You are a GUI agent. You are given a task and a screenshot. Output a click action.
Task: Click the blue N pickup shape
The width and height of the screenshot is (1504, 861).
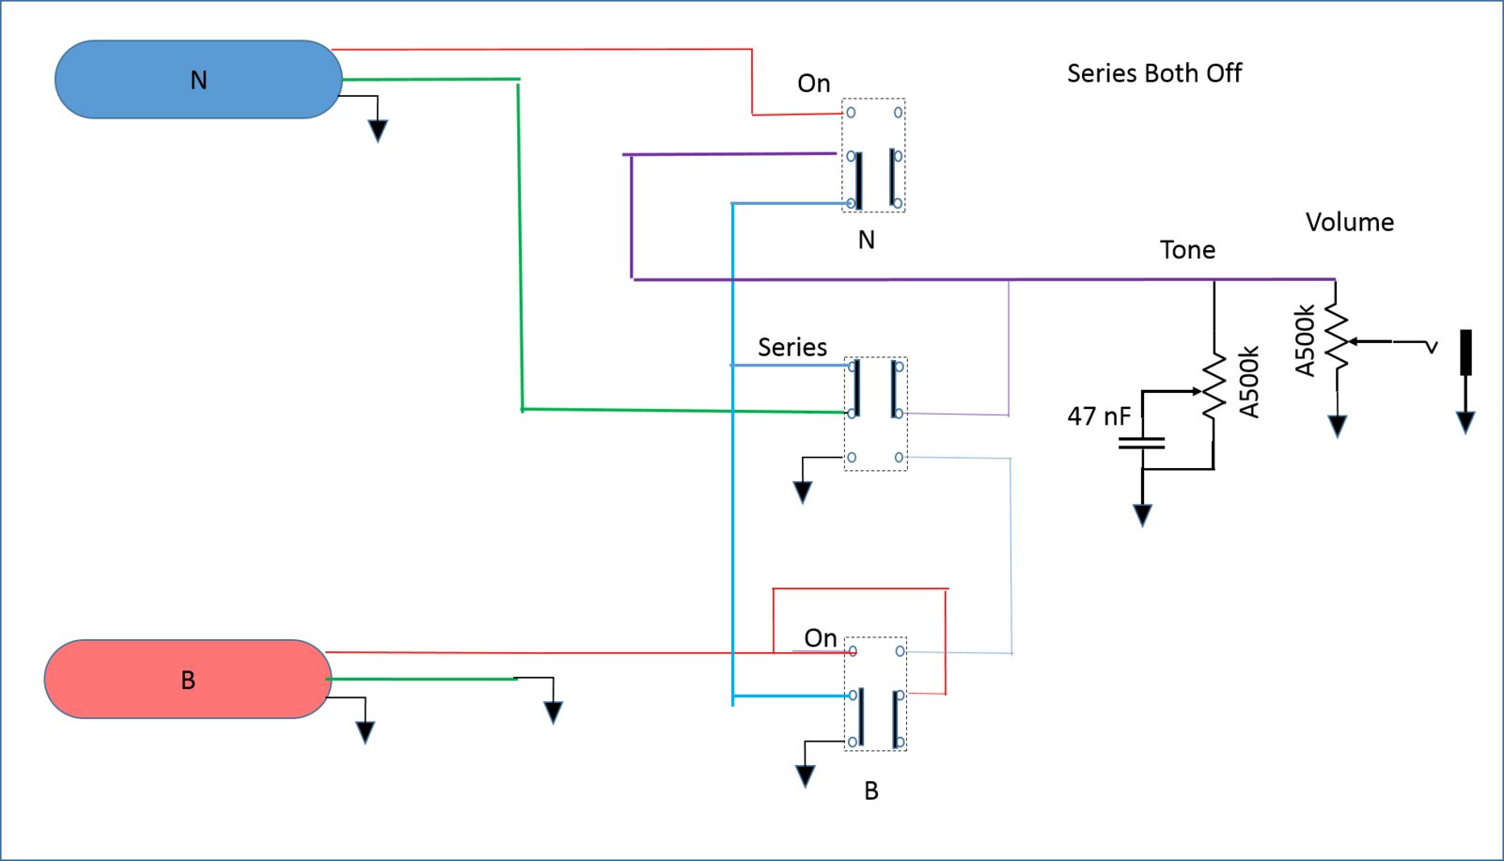coord(198,79)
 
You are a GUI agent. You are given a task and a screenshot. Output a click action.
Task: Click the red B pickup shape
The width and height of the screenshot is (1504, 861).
coord(188,679)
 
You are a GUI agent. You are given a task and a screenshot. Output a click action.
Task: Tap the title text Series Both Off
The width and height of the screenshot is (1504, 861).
coord(1154,72)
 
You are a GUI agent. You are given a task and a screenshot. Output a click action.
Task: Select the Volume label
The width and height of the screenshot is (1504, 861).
coord(1350,223)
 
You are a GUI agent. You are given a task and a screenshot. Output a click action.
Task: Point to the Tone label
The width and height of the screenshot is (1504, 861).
coord(1187,250)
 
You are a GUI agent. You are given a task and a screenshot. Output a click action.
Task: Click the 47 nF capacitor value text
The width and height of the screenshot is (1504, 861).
coord(1099,416)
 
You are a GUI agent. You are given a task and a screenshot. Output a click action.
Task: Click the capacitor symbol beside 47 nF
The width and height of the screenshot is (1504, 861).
coord(1141,444)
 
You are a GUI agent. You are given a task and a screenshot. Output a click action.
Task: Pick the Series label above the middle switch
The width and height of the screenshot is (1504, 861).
coord(792,347)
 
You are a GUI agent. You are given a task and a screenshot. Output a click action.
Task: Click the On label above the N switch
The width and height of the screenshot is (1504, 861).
coord(814,84)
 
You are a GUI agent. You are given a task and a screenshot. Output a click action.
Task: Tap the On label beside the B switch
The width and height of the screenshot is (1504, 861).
coord(821,638)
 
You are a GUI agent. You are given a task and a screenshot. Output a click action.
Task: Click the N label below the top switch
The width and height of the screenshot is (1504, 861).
coord(866,240)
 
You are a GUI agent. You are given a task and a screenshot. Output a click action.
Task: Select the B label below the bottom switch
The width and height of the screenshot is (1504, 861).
coord(870,791)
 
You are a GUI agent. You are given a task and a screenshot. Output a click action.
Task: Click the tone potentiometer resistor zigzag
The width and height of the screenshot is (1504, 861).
coord(1214,388)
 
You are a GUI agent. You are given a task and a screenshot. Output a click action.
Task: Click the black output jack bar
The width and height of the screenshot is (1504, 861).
coord(1466,352)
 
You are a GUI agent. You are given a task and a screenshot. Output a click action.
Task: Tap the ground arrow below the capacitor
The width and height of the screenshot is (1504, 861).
coord(1142,515)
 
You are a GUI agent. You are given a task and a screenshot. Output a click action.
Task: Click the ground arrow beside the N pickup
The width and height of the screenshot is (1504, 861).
coord(378,131)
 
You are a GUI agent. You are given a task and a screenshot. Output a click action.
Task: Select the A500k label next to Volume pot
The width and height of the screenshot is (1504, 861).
coord(1304,340)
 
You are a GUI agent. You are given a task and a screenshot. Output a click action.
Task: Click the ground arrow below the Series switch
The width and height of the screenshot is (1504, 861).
coord(803,493)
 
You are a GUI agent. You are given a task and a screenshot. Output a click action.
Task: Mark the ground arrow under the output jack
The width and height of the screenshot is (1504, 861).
coord(1465,423)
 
